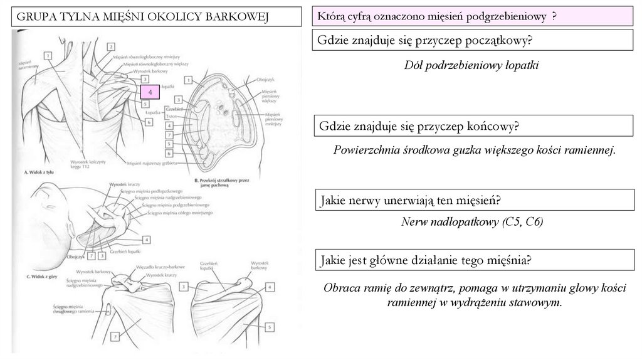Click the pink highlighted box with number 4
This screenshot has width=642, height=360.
(x=150, y=93)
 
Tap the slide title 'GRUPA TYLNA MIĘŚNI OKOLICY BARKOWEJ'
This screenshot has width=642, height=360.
(x=142, y=17)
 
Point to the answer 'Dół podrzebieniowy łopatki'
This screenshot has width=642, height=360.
(x=471, y=65)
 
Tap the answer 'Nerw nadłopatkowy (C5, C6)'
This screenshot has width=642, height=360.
(x=472, y=222)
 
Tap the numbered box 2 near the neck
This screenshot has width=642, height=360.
(x=110, y=46)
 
